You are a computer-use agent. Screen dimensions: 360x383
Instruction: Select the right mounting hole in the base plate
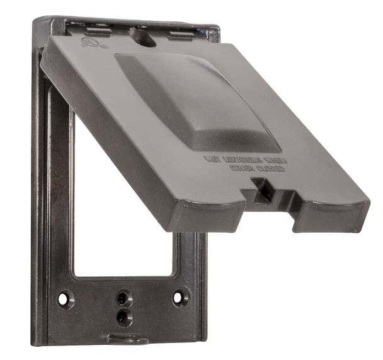tap(180, 296)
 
